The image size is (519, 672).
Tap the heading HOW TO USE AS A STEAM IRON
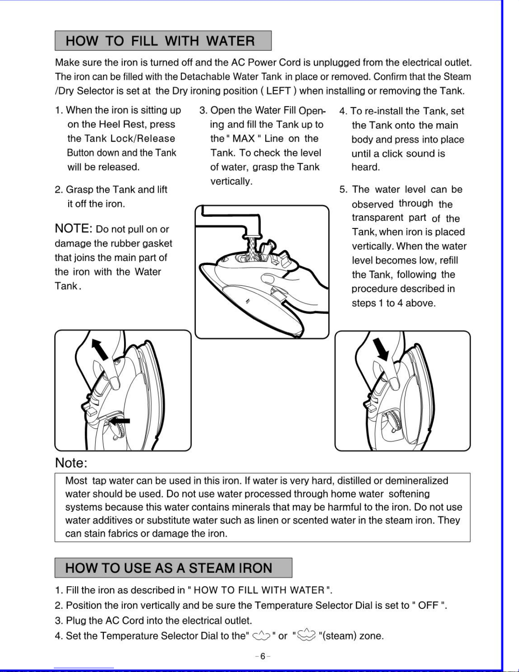point(169,568)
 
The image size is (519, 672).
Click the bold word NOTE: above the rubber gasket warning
point(73,229)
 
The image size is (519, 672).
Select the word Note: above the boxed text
point(71,463)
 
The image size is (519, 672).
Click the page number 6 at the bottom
point(263,657)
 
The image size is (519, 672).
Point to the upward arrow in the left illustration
point(100,349)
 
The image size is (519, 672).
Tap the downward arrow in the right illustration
point(381,349)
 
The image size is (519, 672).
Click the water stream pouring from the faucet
point(253,248)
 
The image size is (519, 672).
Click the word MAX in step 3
point(244,139)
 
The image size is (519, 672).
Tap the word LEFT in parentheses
point(278,91)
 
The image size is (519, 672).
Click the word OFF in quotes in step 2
point(428,605)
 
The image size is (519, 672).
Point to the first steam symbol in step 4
point(261,636)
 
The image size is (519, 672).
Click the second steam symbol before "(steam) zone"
point(306,635)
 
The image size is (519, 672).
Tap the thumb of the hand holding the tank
point(270,279)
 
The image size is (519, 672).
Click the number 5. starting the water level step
point(343,190)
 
